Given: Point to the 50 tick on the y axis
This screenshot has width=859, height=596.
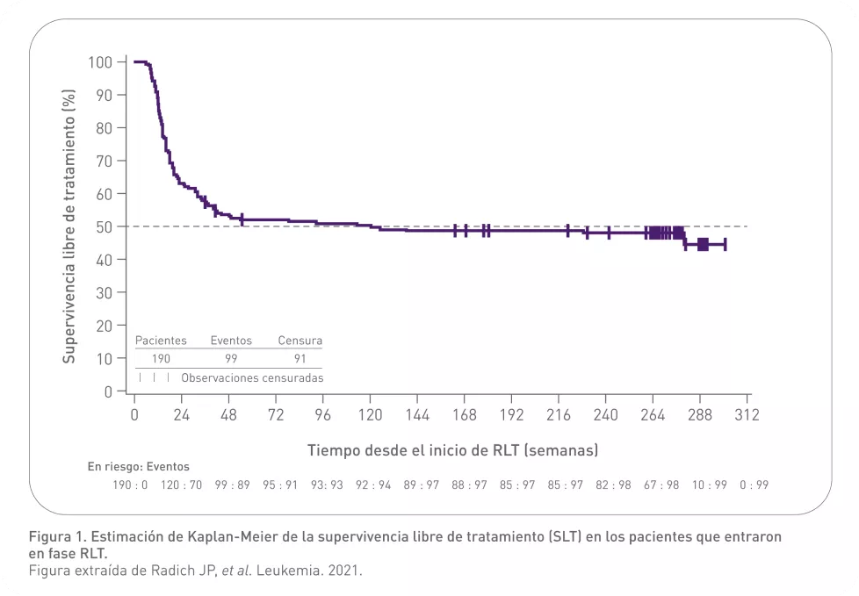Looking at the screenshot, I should pyautogui.click(x=104, y=226).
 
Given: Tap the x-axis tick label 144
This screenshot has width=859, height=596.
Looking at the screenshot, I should pyautogui.click(x=417, y=414).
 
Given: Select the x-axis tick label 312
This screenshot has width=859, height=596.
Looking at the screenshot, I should pyautogui.click(x=747, y=414).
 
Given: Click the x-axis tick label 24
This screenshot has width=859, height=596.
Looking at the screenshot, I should pyautogui.click(x=181, y=414).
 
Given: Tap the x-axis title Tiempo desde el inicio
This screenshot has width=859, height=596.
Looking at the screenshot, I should pyautogui.click(x=452, y=449).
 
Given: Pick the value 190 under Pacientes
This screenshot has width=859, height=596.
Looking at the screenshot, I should pyautogui.click(x=160, y=358).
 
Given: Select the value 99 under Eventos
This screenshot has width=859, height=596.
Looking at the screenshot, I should pyautogui.click(x=231, y=358).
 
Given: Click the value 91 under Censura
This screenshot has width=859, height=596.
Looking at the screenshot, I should pyautogui.click(x=300, y=358).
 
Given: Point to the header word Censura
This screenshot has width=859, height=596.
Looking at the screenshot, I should pyautogui.click(x=300, y=341).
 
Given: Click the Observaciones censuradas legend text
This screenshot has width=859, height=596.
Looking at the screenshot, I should pyautogui.click(x=252, y=377).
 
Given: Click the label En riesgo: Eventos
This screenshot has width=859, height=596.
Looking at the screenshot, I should pyautogui.click(x=138, y=467).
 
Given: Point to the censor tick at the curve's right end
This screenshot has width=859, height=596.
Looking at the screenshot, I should pyautogui.click(x=724, y=245).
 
